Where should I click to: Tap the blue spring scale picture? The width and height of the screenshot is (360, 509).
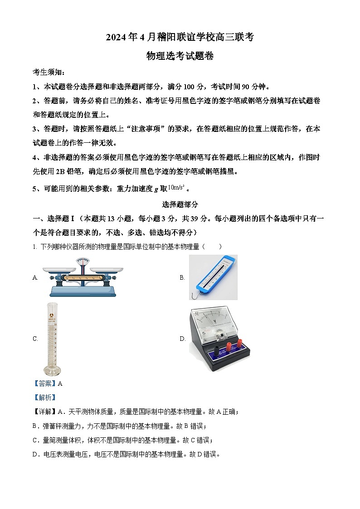click(213, 277)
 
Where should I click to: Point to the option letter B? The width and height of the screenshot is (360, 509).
click(182, 278)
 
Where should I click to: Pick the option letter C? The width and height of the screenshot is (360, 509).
click(35, 339)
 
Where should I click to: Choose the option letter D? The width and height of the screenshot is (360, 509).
click(183, 339)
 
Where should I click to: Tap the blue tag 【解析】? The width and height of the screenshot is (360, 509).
click(44, 398)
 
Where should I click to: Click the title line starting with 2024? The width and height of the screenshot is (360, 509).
click(180, 38)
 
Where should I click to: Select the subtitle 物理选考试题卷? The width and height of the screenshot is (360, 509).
click(180, 56)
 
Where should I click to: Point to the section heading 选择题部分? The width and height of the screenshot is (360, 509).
click(180, 204)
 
